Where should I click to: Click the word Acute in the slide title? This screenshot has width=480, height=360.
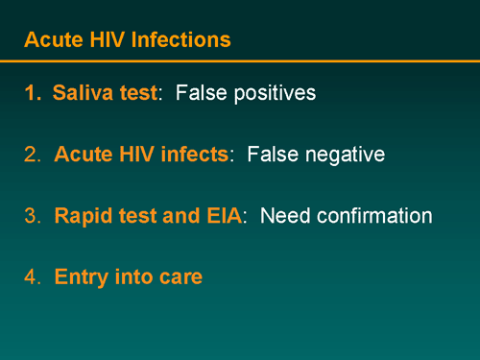[50, 40]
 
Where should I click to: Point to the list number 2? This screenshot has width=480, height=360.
[32, 155]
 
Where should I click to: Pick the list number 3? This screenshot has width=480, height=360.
[32, 216]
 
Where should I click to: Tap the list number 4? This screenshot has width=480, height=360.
[32, 277]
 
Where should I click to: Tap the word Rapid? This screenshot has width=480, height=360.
[84, 216]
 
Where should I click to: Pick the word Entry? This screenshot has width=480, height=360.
[81, 277]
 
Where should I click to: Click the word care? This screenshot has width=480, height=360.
[180, 277]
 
